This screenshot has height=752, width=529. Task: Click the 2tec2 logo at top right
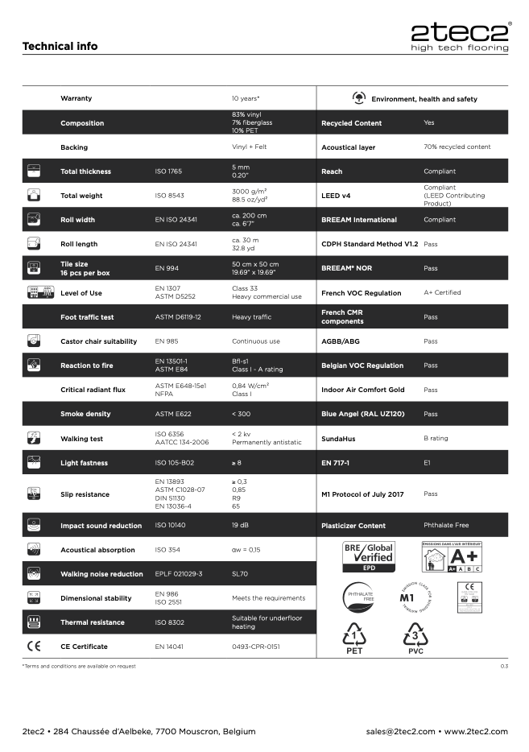pyautogui.click(x=459, y=36)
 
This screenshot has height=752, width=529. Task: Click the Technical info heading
pyautogui.click(x=60, y=46)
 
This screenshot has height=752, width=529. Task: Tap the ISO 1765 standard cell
pyautogui.click(x=169, y=171)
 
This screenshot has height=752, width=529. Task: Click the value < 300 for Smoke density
pyautogui.click(x=240, y=414)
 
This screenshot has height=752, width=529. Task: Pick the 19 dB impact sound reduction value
pyautogui.click(x=240, y=526)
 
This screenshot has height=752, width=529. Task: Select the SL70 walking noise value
pyautogui.click(x=240, y=574)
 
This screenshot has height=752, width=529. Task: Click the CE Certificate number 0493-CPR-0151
pyautogui.click(x=256, y=647)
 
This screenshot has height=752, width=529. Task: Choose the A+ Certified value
pyautogui.click(x=442, y=292)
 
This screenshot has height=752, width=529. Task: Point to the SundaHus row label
pyautogui.click(x=339, y=439)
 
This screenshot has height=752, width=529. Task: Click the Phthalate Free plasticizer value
pyautogui.click(x=446, y=525)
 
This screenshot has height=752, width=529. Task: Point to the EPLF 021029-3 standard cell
pyautogui.click(x=178, y=574)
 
